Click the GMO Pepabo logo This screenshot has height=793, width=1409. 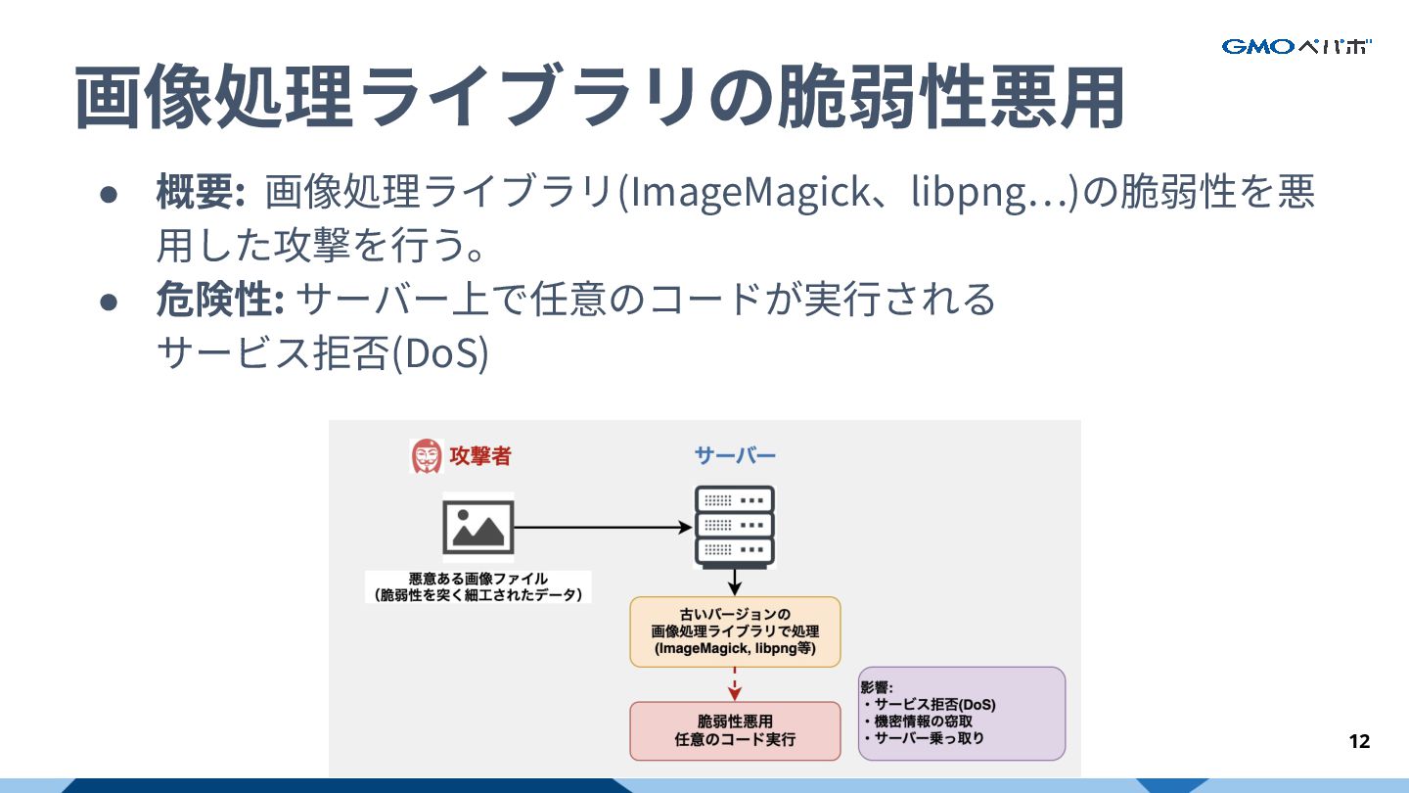(x=1296, y=46)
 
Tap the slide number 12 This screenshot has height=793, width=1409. (x=1359, y=741)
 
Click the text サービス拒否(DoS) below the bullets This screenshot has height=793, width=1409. (x=322, y=353)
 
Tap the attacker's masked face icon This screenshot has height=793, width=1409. (x=426, y=455)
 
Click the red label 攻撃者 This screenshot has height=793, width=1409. (x=479, y=455)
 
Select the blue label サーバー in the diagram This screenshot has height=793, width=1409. (x=735, y=455)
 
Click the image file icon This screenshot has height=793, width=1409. (x=477, y=529)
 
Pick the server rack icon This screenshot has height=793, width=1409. (x=734, y=526)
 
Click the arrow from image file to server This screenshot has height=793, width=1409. (x=602, y=528)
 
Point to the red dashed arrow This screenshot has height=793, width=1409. (x=735, y=683)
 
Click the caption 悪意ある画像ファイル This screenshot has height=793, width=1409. (x=477, y=579)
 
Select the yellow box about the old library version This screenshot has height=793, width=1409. (x=735, y=631)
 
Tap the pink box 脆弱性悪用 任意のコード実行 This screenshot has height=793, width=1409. (x=735, y=730)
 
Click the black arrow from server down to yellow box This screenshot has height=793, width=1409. (x=735, y=582)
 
